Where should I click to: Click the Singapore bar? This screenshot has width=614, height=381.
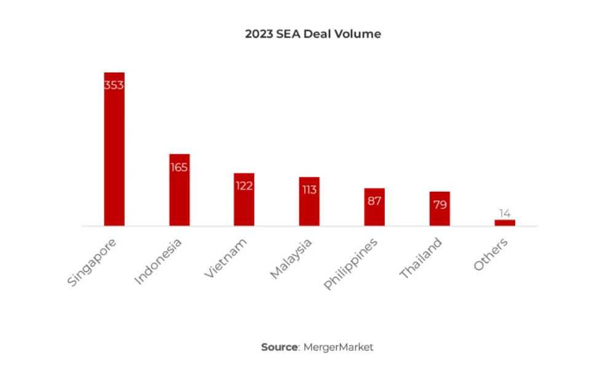114,149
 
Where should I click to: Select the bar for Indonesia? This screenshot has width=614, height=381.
179,190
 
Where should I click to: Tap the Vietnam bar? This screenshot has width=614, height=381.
244,199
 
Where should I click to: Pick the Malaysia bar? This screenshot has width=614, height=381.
309,202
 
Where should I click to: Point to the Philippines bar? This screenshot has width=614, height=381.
374,207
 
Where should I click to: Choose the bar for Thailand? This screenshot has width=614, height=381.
439,209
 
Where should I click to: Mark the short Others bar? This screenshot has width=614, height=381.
505,223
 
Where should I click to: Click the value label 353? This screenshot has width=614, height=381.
114,85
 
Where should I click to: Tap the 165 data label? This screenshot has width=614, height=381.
179,168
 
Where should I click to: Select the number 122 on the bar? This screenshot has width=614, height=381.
244,186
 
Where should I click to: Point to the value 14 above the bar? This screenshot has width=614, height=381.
505,213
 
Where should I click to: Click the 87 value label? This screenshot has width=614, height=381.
374,201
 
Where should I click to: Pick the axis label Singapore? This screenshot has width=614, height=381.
92,262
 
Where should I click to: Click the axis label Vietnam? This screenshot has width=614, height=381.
226,258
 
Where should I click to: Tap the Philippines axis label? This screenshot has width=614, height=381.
351,264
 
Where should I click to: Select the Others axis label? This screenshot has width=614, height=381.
490,254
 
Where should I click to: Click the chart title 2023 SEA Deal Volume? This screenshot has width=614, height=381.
313,34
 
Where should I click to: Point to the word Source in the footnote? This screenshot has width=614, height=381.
280,347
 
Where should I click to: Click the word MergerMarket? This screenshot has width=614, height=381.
338,347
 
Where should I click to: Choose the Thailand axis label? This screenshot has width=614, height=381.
421,258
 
